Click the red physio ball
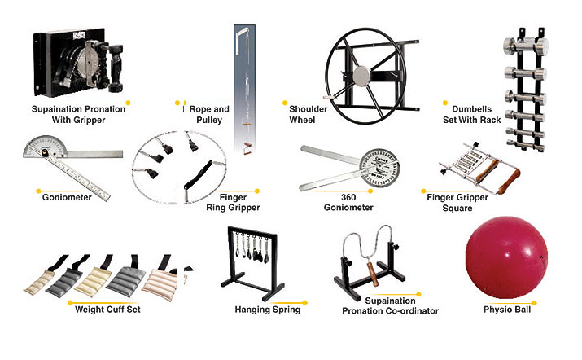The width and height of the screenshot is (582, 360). coord(506,257)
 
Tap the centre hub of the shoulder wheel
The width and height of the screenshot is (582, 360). coord(361,76)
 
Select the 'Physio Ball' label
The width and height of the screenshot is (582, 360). coord(507,310)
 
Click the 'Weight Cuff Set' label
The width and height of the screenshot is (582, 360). coord(107,310)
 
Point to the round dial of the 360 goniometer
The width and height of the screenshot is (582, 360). coord(380,169)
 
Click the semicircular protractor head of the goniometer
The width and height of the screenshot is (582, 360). coord(45,147)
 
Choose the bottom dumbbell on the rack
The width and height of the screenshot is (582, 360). coord(526,144)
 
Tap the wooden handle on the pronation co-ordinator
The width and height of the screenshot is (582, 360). coord(373,274)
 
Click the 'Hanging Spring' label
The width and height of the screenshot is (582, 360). coord(268,310)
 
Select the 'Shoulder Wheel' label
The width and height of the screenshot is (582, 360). coord(308,114)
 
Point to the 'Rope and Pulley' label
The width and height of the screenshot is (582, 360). coord(209,114)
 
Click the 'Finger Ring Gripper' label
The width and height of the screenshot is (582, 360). coord(233,203)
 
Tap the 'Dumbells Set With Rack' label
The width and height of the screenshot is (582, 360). coord(472,114)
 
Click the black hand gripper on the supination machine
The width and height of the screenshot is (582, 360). coord(116,68)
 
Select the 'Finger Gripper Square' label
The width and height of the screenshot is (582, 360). coord(457,203)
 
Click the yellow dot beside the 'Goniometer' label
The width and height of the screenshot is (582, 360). coord(38,191)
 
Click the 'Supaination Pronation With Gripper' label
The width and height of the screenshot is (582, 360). coord(78,114)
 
